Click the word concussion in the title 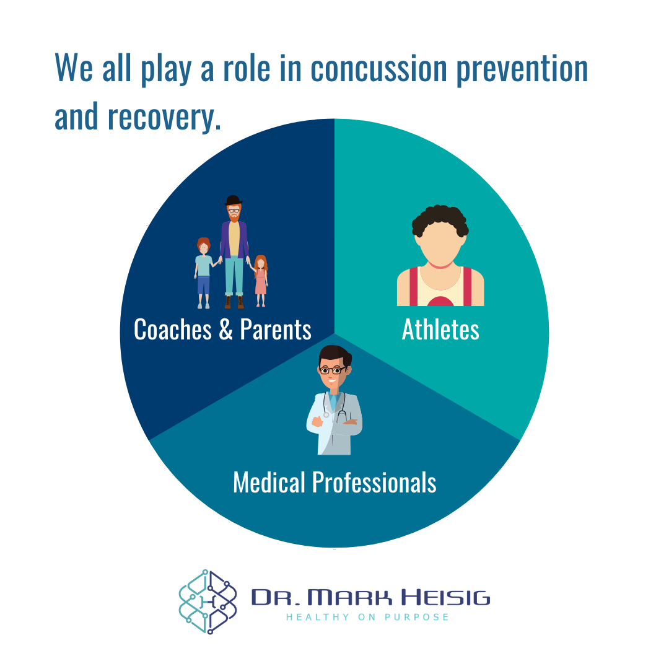[x=379, y=69]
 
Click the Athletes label [x=440, y=330]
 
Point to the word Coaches [x=173, y=330]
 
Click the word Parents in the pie [x=276, y=330]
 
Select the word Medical [x=269, y=482]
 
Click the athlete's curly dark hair [x=440, y=220]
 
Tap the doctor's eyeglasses [x=333, y=370]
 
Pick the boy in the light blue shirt [x=204, y=273]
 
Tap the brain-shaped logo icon [x=208, y=600]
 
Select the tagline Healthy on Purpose [x=367, y=617]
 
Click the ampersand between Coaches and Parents [x=225, y=330]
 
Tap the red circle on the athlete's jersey [x=440, y=302]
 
